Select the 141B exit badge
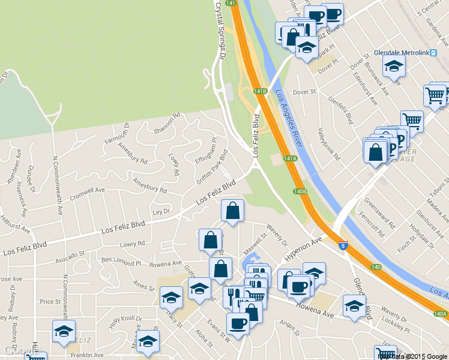tap(259, 91)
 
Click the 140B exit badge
tap(300, 191)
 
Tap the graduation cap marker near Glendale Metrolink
tap(394, 67)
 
